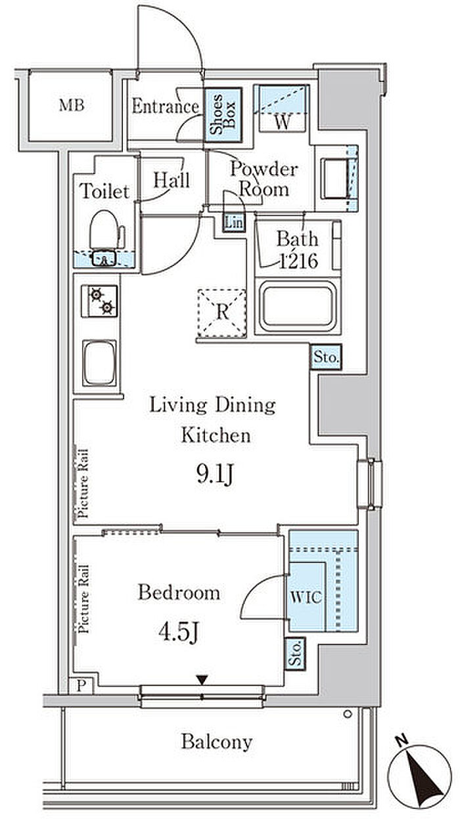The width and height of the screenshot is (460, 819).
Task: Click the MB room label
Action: pyautogui.click(x=72, y=105)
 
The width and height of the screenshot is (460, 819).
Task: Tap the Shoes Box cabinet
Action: pyautogui.click(x=223, y=115)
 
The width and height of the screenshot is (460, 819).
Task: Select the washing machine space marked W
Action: pyautogui.click(x=282, y=108)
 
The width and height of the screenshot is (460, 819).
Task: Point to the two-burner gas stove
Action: pyautogui.click(x=99, y=301)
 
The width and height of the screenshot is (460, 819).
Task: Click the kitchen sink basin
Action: pyautogui.click(x=99, y=363)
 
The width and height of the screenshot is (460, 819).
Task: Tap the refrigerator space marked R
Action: pyautogui.click(x=221, y=313)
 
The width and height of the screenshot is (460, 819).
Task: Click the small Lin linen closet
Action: pyautogui.click(x=234, y=222)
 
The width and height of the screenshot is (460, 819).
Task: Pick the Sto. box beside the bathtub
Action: pyautogui.click(x=326, y=357)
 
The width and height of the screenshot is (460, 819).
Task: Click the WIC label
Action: pyautogui.click(x=306, y=596)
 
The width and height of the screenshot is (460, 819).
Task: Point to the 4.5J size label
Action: pyautogui.click(x=179, y=632)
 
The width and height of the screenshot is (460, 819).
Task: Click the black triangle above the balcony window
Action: pyautogui.click(x=202, y=680)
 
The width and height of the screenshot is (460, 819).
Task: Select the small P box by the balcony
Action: pyautogui.click(x=82, y=686)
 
